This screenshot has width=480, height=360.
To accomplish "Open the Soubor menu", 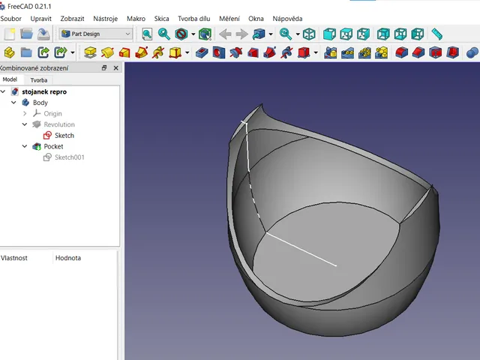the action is tap(10, 19).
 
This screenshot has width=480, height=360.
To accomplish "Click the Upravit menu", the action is tap(40, 19).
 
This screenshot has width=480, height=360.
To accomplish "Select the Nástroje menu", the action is tap(105, 19).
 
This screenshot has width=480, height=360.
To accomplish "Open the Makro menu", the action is tap(136, 19).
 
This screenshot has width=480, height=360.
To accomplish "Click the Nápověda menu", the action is tap(287, 19).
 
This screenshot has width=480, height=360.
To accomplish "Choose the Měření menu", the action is tap(229, 19).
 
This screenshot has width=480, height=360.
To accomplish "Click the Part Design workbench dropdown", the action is tap(96, 34).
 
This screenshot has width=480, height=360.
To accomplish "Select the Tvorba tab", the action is tap(39, 80).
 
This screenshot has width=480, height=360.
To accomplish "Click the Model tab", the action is tap(10, 79).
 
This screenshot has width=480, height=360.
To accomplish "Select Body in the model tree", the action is tap(40, 103).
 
